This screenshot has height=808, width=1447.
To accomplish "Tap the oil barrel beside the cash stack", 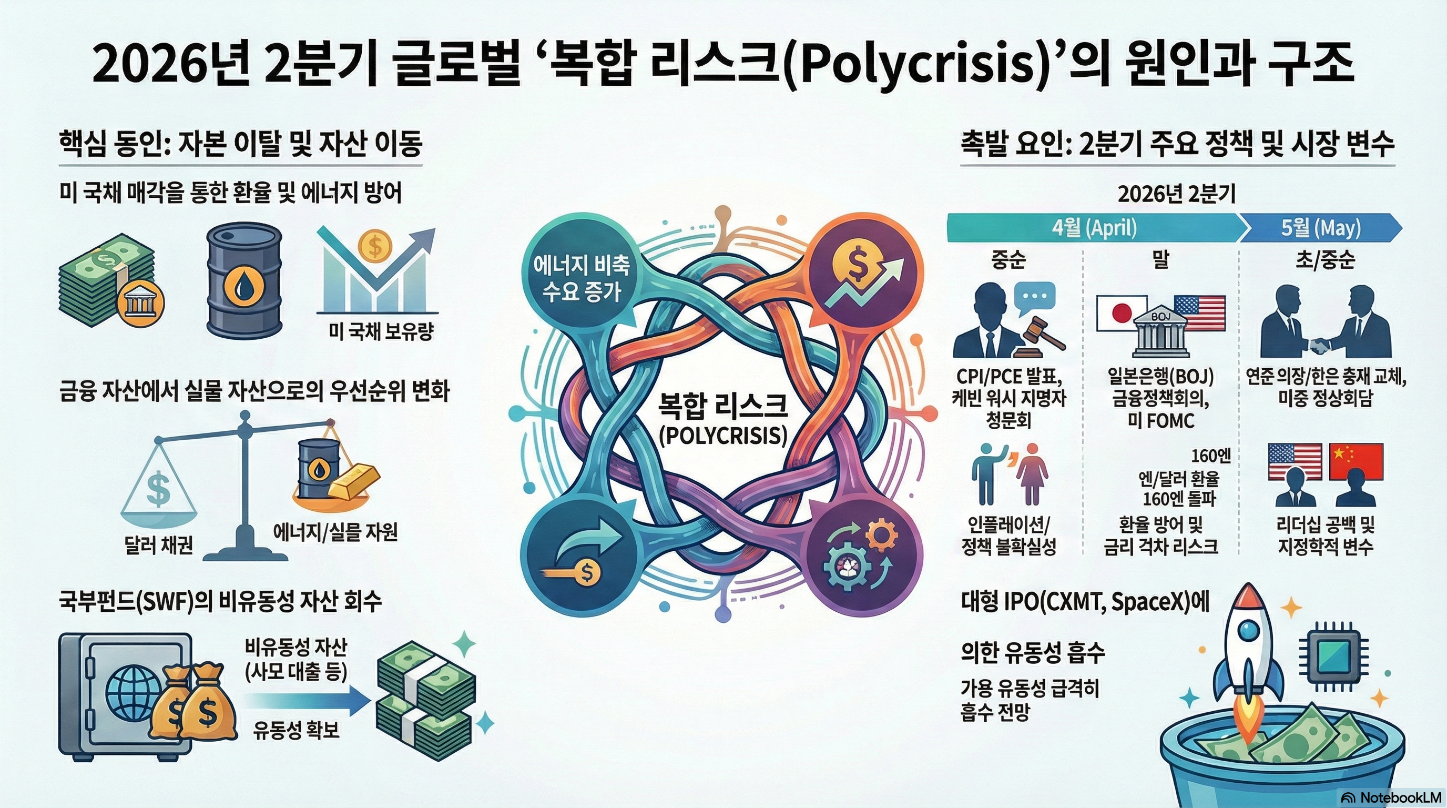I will [x=244, y=281].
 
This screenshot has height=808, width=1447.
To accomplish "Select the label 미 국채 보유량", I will [x=381, y=332].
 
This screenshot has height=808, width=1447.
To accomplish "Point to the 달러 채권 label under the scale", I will [x=158, y=544].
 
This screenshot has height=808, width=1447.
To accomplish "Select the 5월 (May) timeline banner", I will [x=1320, y=228].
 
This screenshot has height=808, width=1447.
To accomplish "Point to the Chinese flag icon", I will [x=1356, y=461].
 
